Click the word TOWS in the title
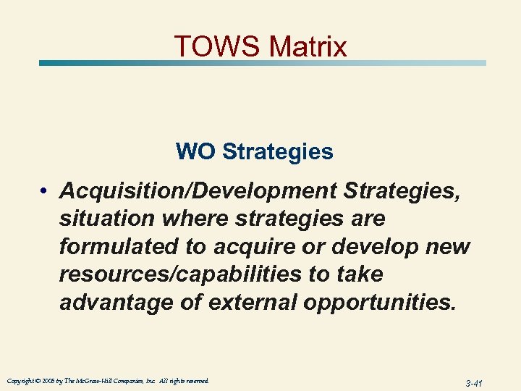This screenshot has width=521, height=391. (217, 46)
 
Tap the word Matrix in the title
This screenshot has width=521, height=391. (308, 46)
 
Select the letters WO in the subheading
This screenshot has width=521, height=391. (195, 152)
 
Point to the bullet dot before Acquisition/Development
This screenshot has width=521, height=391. (45, 191)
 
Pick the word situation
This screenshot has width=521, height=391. (108, 218)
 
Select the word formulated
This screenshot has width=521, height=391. (119, 246)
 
